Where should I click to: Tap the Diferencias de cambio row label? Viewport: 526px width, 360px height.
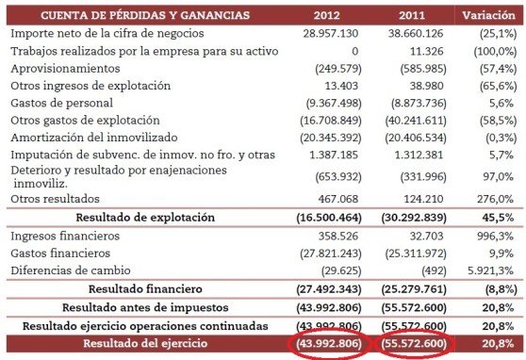coord(74,270)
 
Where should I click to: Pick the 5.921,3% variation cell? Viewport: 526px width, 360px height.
coord(490,270)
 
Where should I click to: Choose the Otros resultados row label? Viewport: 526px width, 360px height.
coord(57,198)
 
